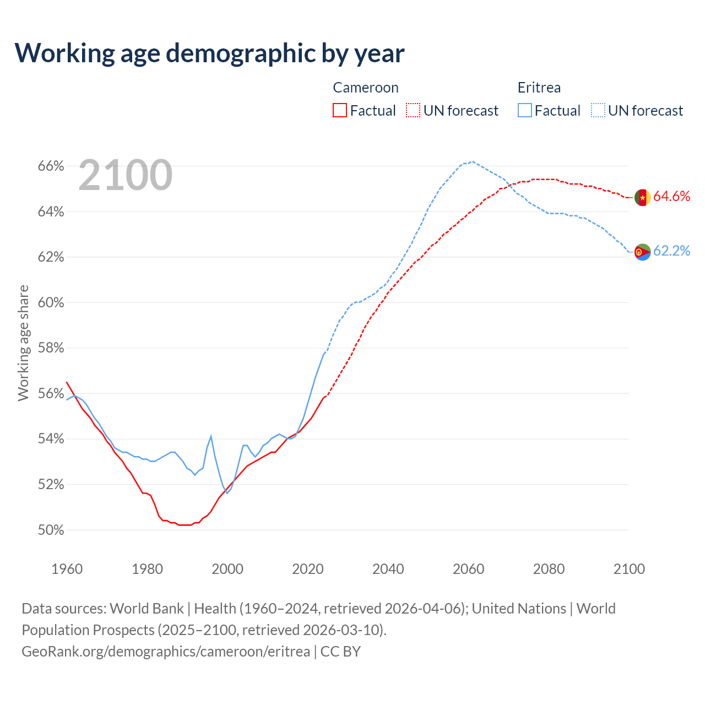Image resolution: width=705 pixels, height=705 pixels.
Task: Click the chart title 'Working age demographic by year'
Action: click(x=210, y=53)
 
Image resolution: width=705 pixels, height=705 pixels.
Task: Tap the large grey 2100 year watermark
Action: click(x=126, y=175)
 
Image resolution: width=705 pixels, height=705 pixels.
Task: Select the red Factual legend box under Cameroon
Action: click(x=340, y=111)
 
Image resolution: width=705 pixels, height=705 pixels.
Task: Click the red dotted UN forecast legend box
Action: click(x=413, y=111)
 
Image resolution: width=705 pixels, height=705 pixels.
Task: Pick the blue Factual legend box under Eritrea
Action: click(x=525, y=111)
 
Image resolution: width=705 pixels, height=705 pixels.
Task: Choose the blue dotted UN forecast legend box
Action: click(x=598, y=111)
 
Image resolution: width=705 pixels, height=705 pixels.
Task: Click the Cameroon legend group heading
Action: click(x=366, y=88)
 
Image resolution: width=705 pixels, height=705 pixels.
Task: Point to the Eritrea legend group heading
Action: click(x=539, y=88)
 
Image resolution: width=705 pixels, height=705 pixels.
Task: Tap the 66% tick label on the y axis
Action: click(x=51, y=166)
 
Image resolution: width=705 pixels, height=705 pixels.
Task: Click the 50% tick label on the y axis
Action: click(x=51, y=530)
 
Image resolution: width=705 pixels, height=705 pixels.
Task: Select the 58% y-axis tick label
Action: click(x=51, y=348)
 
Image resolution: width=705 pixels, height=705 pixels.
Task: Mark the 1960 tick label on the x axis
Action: click(x=67, y=569)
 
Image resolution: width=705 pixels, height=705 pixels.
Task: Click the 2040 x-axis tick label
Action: click(x=388, y=569)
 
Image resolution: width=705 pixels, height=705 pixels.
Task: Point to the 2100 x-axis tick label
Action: click(x=629, y=569)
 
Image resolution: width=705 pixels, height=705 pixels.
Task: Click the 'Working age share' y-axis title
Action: click(x=23, y=343)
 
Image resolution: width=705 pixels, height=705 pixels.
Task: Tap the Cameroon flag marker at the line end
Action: click(x=643, y=197)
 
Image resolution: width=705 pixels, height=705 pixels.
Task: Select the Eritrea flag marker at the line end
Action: click(x=643, y=252)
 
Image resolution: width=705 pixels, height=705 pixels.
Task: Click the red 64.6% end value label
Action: click(x=671, y=197)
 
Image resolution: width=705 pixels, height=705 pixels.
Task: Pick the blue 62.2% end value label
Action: click(x=671, y=251)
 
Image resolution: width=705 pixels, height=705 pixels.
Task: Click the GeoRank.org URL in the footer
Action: click(x=166, y=652)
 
